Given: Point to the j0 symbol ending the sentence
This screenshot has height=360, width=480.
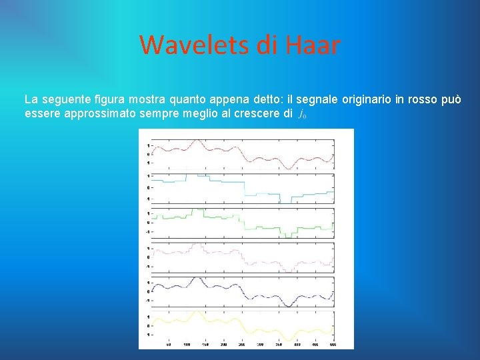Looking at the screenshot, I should pyautogui.click(x=302, y=114).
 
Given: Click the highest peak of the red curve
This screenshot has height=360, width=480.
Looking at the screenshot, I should pyautogui.click(x=196, y=141).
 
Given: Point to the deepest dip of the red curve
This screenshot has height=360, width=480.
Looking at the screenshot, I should pyautogui.click(x=285, y=166).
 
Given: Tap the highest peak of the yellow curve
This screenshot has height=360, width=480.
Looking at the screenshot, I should pyautogui.click(x=196, y=311).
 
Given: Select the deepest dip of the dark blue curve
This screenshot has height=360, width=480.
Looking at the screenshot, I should pyautogui.click(x=285, y=305).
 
